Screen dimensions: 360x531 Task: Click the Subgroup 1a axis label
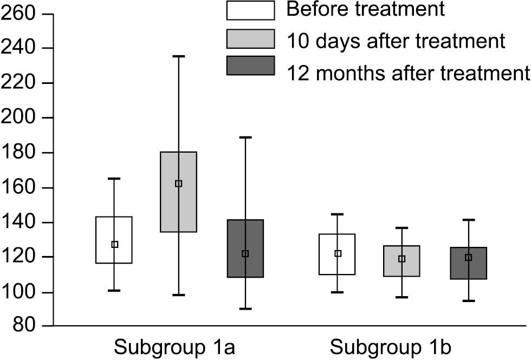(173, 346)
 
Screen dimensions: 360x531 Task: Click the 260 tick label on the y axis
(17, 14)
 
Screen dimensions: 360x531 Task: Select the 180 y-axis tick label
(17, 153)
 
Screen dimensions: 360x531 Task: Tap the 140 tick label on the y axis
(17, 222)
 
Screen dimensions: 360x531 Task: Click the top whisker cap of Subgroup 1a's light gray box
(179, 56)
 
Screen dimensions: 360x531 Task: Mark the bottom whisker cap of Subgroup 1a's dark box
(245, 309)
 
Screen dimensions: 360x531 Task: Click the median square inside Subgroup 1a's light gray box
(179, 184)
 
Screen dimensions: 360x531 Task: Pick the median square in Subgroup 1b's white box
(338, 253)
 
